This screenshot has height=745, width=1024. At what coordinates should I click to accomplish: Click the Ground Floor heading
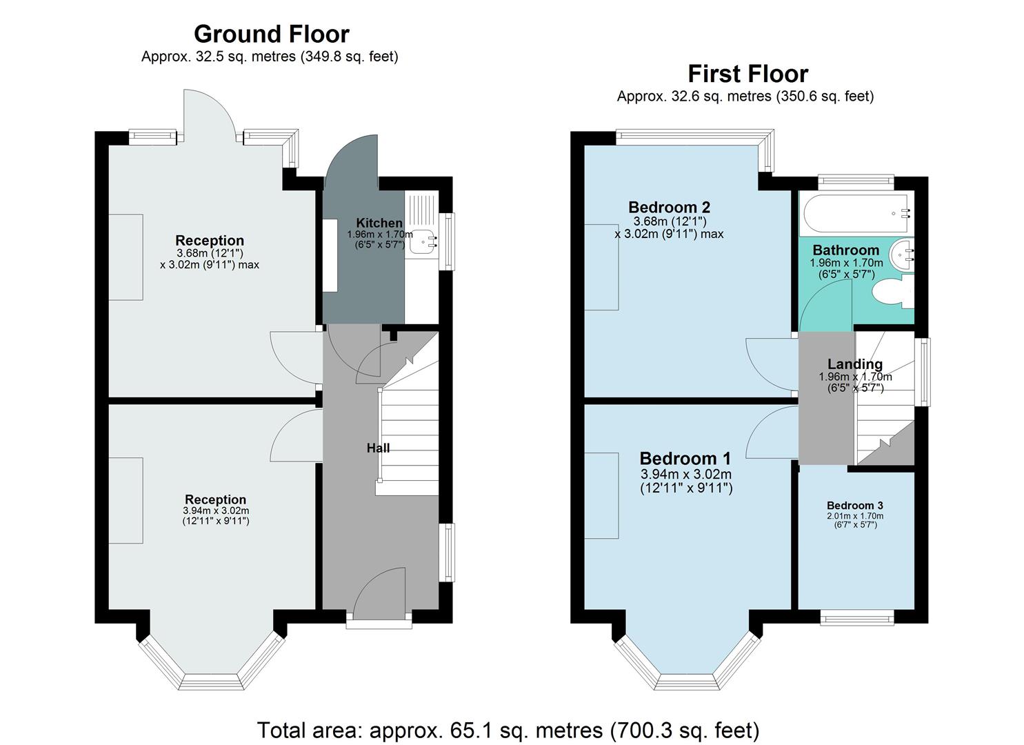tap(271, 34)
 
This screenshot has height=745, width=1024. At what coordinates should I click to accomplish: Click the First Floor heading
tap(747, 74)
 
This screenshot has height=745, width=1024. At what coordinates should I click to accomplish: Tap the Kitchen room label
tap(379, 223)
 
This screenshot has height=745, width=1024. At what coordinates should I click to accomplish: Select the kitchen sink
tap(422, 242)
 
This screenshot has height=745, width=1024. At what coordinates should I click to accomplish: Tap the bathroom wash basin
tap(903, 255)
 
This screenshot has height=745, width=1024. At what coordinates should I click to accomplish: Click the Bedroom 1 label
tap(685, 458)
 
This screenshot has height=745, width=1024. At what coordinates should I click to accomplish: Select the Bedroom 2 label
tap(669, 207)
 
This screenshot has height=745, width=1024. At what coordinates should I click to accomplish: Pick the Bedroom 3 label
tap(854, 505)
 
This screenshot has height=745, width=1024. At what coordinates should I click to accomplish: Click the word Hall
tap(378, 448)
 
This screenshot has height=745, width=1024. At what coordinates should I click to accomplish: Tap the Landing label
tap(854, 364)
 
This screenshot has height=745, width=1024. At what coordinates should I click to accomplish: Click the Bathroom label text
tap(845, 250)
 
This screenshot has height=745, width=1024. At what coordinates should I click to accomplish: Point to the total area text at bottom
tap(508, 729)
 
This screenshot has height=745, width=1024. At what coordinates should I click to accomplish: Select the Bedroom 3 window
tap(856, 617)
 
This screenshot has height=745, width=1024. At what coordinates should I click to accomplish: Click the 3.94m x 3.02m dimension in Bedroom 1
tap(685, 475)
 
